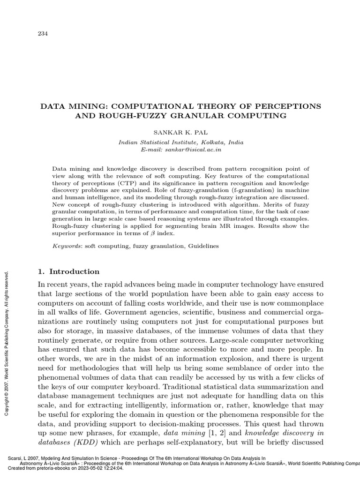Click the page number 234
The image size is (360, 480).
click(x=42, y=33)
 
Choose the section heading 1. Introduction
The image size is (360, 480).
click(x=68, y=272)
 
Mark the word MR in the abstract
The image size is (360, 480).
click(x=227, y=226)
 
